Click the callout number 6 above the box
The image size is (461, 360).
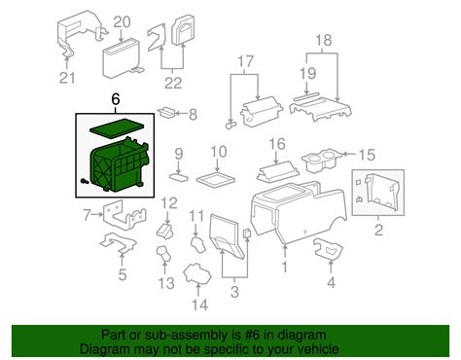click(x=116, y=99)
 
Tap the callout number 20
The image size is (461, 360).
click(x=122, y=22)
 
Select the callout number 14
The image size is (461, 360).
click(x=199, y=305)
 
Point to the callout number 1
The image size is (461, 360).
click(x=285, y=267)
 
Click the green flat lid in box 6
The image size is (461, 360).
click(x=117, y=127)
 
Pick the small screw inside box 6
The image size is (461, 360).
click(x=84, y=181)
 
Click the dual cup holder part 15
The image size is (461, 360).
click(x=320, y=162)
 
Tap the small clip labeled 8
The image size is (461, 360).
click(x=166, y=112)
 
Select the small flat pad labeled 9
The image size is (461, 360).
click(x=179, y=177)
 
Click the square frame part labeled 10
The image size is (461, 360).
click(x=216, y=179)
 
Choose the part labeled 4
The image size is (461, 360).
click(x=328, y=249)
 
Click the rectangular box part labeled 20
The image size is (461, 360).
click(x=122, y=58)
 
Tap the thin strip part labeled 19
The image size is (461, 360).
click(x=306, y=97)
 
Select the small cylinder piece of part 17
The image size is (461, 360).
click(x=231, y=126)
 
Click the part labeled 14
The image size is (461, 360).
click(x=197, y=275)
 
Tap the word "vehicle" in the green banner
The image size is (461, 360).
click(x=317, y=349)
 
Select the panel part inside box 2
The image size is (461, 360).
click(x=378, y=192)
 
